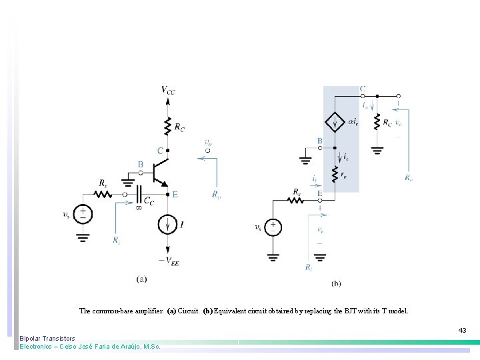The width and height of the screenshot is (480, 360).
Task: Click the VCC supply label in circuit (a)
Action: pyautogui.click(x=168, y=90)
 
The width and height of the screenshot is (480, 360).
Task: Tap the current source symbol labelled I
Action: pyautogui.click(x=167, y=225)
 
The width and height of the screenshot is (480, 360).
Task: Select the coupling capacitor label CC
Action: pyautogui.click(x=149, y=202)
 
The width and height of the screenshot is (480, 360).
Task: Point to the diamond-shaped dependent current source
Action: pyautogui.click(x=334, y=122)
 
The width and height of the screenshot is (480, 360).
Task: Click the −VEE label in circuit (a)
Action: pyautogui.click(x=168, y=262)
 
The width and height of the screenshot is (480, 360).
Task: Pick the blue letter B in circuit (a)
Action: pyautogui.click(x=141, y=165)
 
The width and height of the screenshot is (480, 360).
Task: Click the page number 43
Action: pyautogui.click(x=462, y=330)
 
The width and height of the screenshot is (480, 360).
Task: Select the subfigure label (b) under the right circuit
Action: pyautogui.click(x=336, y=283)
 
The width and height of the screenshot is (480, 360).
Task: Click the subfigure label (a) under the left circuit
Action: pyautogui.click(x=141, y=279)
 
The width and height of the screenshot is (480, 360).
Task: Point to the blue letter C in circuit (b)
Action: pyautogui.click(x=362, y=89)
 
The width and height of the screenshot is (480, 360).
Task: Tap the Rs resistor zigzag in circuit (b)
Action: pyautogui.click(x=296, y=199)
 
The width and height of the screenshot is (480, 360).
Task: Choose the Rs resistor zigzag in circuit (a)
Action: pyautogui.click(x=103, y=194)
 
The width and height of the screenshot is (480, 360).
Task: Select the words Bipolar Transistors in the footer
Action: pyautogui.click(x=47, y=339)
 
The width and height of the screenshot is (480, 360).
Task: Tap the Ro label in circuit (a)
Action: pyautogui.click(x=216, y=195)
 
